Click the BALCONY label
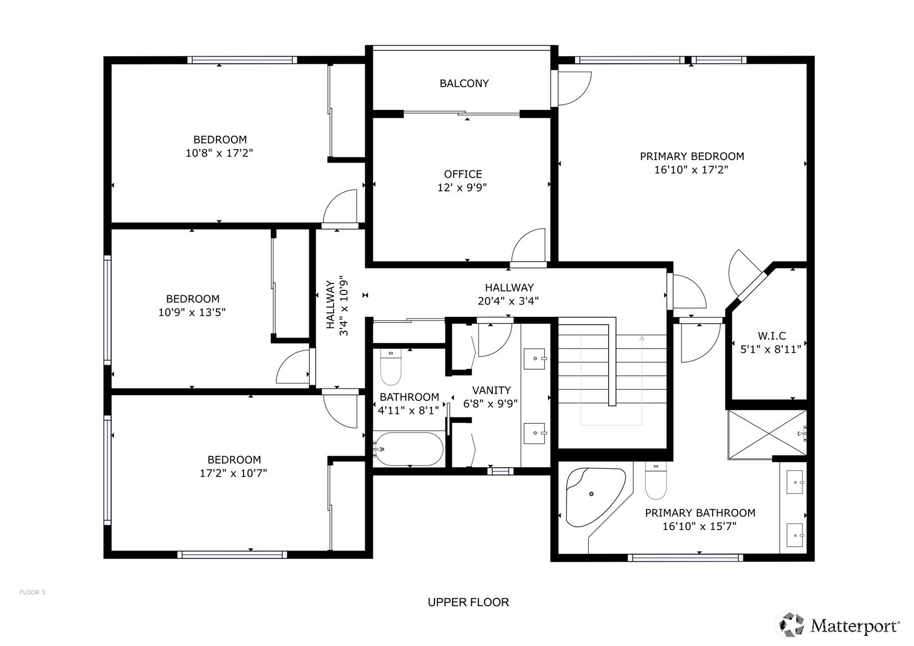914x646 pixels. coord(464,83)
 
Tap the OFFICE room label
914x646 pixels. coord(463,174)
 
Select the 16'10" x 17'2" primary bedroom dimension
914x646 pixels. coord(691,170)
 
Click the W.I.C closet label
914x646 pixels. coord(771,336)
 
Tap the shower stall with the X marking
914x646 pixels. coord(767,435)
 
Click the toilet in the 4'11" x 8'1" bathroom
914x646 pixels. coord(391,367)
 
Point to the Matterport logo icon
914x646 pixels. coord(791,624)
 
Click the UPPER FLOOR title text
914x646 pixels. coord(468,602)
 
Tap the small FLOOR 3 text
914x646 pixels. coord(32,592)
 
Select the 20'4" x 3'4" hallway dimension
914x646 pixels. coord(508,301)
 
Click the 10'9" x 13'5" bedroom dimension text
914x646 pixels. coord(192,312)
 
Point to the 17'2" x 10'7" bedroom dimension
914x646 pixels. coord(233,473)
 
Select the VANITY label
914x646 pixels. coord(491,390)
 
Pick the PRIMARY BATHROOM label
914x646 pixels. coord(700,513)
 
